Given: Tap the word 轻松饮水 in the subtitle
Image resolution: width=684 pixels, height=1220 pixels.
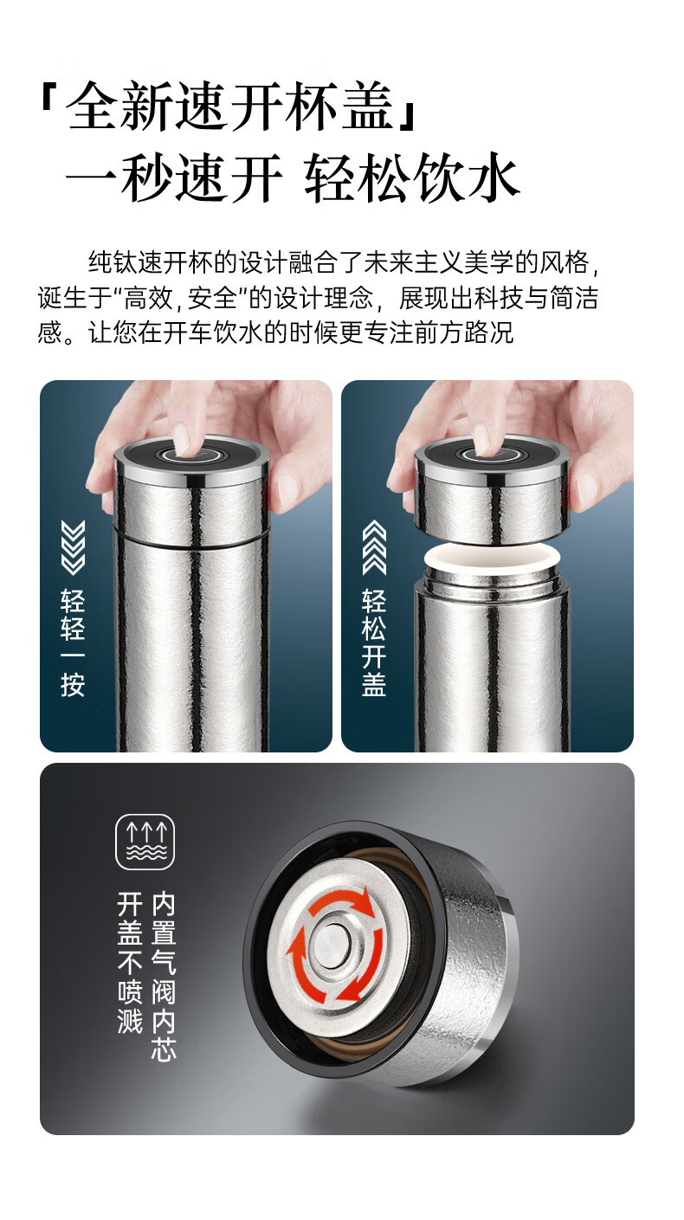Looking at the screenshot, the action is point(412,178).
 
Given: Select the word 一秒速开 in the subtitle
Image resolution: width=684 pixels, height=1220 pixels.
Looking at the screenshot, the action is point(174,178).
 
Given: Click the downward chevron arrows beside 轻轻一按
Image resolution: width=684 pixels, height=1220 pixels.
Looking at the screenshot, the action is point(73,547).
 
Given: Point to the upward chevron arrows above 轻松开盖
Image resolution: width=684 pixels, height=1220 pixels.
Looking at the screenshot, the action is point(374,547).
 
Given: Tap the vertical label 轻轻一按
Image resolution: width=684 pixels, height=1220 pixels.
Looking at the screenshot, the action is point(73,643).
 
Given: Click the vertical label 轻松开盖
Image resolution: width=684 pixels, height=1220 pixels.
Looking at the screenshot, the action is point(374,643).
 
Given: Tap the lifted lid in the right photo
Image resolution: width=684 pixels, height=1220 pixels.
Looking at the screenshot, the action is point(492,489).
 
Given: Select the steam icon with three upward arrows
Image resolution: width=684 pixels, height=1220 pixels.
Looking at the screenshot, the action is point(145,842).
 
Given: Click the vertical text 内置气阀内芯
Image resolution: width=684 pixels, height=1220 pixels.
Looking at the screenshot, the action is point(164,976).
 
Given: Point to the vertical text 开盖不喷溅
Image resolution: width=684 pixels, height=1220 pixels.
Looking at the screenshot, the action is point(130,962).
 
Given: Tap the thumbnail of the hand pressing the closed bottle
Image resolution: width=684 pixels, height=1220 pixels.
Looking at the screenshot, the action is point(186,566).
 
